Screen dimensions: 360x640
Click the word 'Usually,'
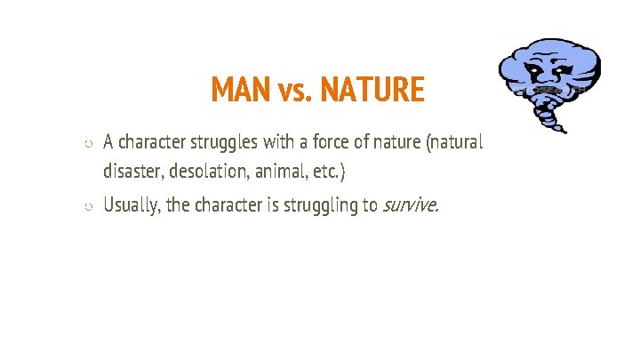click(x=132, y=206)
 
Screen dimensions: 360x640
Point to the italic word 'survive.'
click(x=410, y=206)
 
